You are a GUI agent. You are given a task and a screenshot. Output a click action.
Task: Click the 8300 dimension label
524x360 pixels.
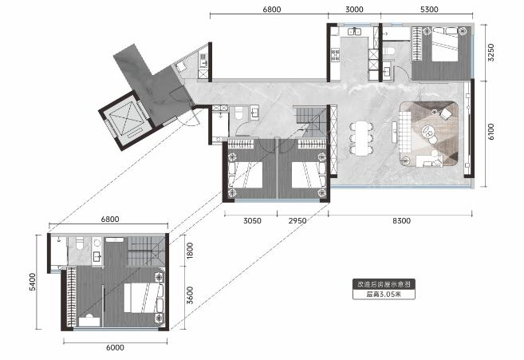(401, 221)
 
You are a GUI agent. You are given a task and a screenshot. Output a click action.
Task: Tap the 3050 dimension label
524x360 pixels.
(252, 221)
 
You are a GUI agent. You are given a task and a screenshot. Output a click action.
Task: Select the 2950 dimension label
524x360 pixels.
(297, 221)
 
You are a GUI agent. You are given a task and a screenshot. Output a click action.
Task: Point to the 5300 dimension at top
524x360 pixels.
(429, 10)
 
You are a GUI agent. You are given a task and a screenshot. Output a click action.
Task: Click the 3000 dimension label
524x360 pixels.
(354, 10)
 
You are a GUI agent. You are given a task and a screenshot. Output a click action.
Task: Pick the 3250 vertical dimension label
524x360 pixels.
(491, 53)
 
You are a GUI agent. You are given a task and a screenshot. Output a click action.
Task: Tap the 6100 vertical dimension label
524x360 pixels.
(491, 132)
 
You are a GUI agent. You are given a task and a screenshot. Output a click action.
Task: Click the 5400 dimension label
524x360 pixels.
(32, 282)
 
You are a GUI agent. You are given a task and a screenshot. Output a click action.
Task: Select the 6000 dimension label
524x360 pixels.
(115, 347)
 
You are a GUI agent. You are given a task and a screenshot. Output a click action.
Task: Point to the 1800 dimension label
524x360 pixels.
(190, 251)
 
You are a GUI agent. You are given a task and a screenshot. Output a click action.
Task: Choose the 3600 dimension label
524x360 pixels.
(190, 295)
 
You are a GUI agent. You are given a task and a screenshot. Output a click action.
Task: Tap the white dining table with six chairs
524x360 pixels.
(361, 138)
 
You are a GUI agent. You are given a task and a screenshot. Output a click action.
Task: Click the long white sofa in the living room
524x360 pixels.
(404, 132)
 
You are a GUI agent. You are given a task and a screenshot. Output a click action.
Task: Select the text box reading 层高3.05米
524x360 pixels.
(384, 294)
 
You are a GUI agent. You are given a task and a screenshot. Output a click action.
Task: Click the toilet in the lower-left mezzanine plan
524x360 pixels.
(80, 243)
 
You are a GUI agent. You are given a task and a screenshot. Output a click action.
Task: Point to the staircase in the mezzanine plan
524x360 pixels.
(146, 251)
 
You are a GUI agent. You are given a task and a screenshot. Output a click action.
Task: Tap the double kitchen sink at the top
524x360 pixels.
(354, 32)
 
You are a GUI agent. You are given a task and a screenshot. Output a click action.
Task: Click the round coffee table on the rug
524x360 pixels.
(427, 130)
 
